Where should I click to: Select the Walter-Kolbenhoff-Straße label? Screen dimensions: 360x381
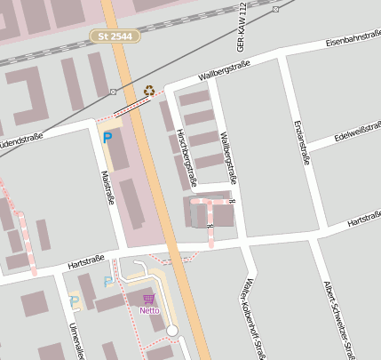[250, 320]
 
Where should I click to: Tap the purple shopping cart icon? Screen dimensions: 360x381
[148, 299]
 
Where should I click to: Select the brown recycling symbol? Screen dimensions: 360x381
[149, 90]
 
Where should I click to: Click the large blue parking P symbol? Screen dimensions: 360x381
[107, 138]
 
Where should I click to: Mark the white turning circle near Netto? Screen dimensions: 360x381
[172, 331]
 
